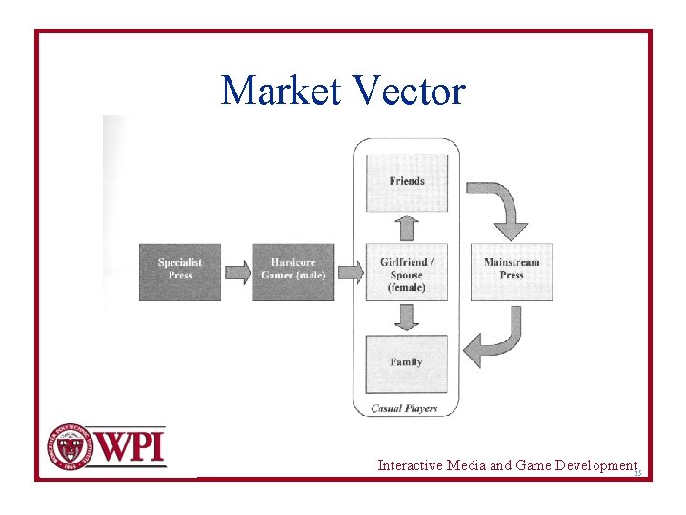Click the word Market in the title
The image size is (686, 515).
point(282,92)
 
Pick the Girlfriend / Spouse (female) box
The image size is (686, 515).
point(407,274)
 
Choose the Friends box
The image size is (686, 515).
point(407,182)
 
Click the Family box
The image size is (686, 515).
point(407,363)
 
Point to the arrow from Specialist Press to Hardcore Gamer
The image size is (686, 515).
point(236,273)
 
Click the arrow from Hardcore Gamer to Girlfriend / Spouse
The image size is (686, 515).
point(350,273)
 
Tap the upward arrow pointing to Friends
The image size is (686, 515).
point(407,227)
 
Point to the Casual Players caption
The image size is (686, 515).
point(404,408)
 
